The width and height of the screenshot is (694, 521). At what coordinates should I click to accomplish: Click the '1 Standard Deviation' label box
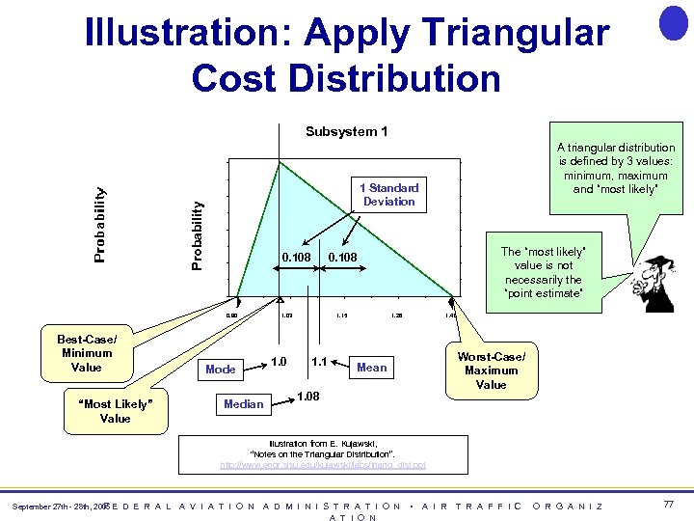pos(388,194)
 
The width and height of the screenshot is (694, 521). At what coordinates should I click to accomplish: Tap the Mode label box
pos(221,370)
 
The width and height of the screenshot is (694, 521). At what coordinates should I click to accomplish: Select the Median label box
pos(243,403)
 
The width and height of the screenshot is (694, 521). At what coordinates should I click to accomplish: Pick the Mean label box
pos(371,367)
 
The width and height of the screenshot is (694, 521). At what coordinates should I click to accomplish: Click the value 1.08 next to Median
pos(307,396)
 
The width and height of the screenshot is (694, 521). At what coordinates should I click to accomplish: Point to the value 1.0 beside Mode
pos(279,361)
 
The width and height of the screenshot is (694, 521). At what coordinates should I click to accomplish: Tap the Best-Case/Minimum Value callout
pos(87,353)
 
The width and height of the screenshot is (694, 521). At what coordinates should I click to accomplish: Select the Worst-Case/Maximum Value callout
pos(491,370)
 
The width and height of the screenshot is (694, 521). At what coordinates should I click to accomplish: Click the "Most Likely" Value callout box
pos(115,411)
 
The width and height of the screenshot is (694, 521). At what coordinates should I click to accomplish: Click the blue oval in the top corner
pos(673,21)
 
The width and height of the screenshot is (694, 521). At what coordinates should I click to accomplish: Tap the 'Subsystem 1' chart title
pos(346,131)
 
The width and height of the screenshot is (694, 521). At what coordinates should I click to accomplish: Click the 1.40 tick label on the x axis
pos(450,315)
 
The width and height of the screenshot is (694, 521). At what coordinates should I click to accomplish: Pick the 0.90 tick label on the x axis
pos(231,315)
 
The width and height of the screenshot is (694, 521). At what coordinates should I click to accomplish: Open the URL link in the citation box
pos(323,465)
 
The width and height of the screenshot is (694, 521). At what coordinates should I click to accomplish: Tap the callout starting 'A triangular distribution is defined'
pos(616,169)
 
